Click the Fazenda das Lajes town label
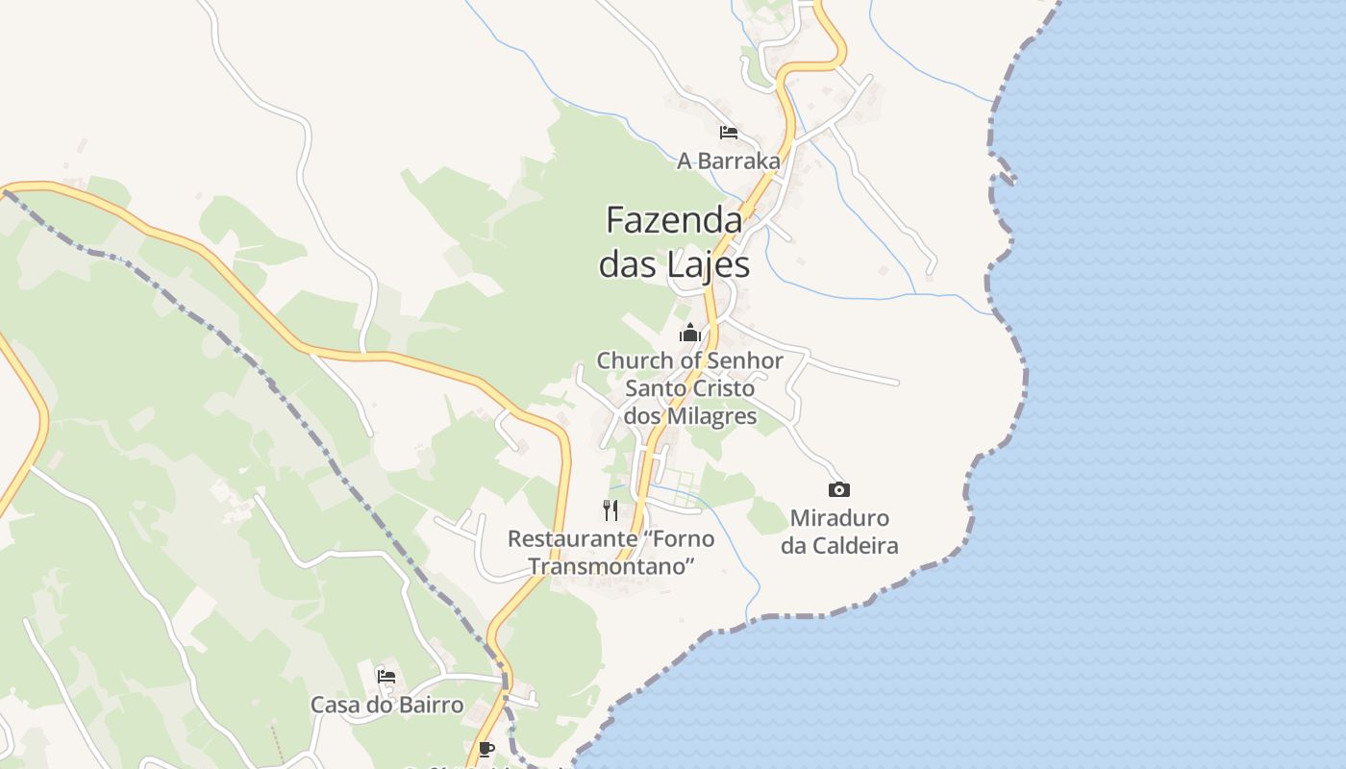point(674,241)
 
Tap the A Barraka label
point(729,161)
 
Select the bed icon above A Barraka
point(729,132)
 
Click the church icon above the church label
point(689,334)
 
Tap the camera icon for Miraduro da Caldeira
point(839,489)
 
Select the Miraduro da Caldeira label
point(839,532)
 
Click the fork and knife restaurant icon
point(611,509)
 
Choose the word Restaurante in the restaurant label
point(560,538)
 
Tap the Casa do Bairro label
point(386,705)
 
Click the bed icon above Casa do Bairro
point(386,676)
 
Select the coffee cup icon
point(486,749)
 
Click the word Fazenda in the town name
point(674,221)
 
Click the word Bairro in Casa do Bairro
point(428,705)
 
